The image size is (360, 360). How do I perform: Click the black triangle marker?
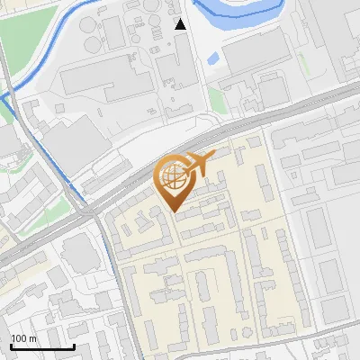[x=181, y=24]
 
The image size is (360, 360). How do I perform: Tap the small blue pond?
[x=213, y=59]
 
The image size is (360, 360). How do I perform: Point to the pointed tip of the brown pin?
[x=174, y=211]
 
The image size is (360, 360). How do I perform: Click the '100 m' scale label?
[x=23, y=338]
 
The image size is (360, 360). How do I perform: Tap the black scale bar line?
[x=42, y=346]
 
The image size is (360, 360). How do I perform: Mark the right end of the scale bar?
[x=74, y=346]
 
